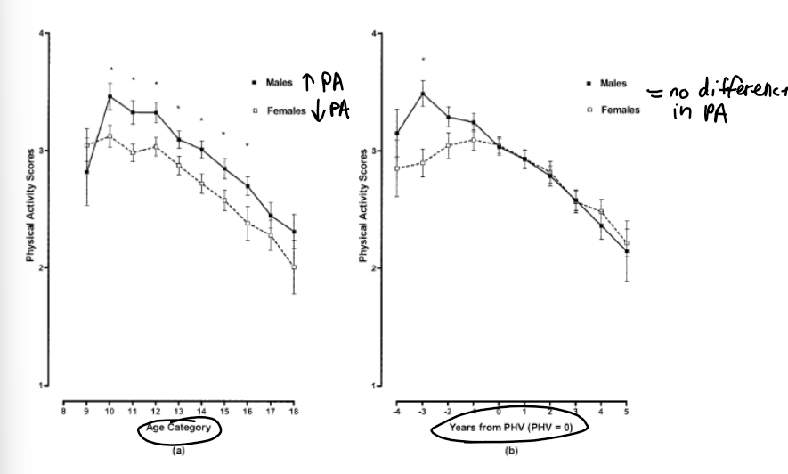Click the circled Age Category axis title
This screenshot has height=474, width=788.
[x=178, y=427]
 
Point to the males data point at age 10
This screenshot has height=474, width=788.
[x=110, y=96]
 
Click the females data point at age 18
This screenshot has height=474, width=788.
[x=294, y=266]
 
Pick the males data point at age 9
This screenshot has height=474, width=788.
[x=87, y=172]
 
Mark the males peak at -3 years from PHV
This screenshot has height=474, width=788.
[x=423, y=93]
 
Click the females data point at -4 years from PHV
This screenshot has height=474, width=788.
[x=397, y=168]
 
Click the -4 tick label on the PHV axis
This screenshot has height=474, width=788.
[x=396, y=412]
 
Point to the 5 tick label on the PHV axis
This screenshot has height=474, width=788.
[x=627, y=412]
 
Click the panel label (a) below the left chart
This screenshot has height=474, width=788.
[x=178, y=452]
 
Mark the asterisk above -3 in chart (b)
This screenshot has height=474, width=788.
[x=423, y=61]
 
